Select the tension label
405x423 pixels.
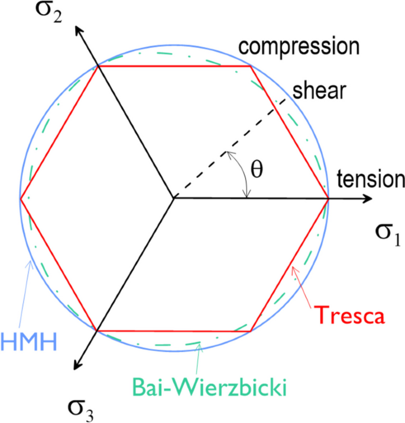coord(370,180)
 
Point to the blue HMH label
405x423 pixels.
coord(28,341)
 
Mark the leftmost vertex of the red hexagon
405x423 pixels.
coord(21,199)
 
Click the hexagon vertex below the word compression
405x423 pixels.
coord(251,66)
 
